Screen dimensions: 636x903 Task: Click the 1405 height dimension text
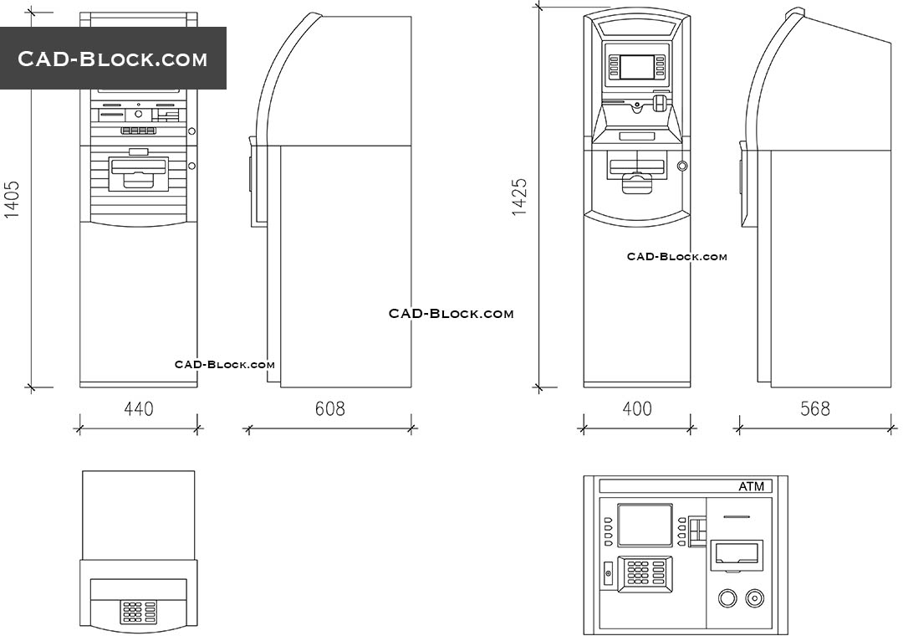point(12,200)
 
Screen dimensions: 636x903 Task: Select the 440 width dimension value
point(139,409)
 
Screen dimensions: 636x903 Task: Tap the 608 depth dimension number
point(329,409)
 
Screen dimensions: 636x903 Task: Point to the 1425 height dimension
point(520,197)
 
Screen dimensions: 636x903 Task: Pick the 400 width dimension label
point(637,409)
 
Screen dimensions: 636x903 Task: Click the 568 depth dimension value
point(815,409)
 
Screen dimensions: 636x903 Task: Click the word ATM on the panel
point(751,487)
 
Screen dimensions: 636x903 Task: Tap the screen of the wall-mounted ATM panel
point(645,525)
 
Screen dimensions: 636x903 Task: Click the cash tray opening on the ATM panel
point(737,555)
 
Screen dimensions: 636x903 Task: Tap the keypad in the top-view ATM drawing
point(139,611)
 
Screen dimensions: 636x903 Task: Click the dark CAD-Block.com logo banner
point(113,59)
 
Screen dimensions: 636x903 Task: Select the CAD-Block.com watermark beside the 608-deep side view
point(451,314)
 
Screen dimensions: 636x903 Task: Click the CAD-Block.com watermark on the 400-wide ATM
point(677,257)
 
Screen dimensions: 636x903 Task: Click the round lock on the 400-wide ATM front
point(682,166)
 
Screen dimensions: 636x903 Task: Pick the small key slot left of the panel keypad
point(608,574)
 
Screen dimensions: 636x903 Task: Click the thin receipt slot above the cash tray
point(736,516)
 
